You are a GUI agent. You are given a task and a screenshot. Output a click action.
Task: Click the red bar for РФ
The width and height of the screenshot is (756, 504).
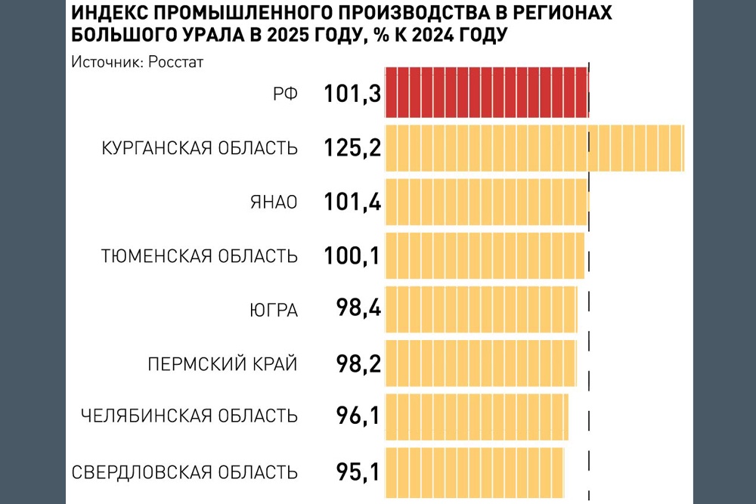click(486, 92)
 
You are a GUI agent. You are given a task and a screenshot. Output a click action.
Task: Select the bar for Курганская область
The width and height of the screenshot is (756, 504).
click(534, 148)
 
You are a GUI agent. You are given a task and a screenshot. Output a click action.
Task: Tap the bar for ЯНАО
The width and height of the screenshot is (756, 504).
click(486, 202)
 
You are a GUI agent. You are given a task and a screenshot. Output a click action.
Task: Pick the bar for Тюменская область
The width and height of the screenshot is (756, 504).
click(485, 256)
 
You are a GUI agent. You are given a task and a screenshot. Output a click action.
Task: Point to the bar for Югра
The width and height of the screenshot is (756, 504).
click(481, 309)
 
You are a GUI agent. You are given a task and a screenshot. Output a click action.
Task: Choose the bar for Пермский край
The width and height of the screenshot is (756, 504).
click(480, 363)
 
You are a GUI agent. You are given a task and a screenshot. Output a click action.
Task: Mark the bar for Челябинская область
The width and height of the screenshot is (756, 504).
click(476, 416)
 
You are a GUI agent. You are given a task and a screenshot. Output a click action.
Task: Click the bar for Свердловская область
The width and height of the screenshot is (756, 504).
click(474, 470)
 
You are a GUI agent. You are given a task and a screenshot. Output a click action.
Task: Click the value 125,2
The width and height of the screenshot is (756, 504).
click(352, 148)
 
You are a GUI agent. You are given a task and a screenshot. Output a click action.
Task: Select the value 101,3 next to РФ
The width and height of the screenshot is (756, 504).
click(352, 94)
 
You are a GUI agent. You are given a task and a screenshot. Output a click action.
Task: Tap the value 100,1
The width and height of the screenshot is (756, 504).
click(352, 256)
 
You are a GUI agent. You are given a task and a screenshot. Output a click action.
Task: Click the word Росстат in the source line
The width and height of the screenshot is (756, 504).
click(178, 62)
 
